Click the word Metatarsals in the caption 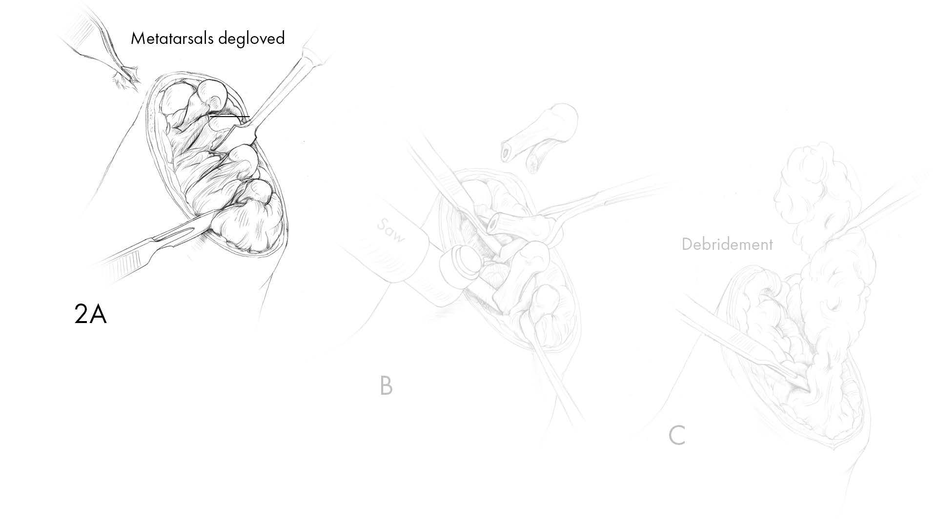pos(172,39)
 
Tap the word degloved pos(251,39)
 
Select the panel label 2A pos(90,314)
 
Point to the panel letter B pos(386,386)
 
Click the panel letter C pos(676,436)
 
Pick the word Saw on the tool pos(392,230)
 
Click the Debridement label pos(727,244)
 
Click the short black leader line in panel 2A pos(230,117)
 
